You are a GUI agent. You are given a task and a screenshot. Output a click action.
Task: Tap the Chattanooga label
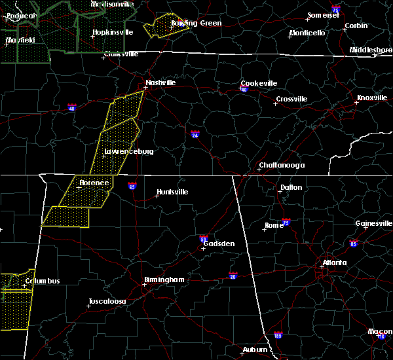point(282,165)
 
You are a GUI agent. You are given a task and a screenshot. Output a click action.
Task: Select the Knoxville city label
point(371,98)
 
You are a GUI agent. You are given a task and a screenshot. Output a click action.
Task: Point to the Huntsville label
point(172,192)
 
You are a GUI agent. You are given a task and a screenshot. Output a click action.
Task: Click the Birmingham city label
point(164,279)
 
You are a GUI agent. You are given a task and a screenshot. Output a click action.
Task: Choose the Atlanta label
point(333,263)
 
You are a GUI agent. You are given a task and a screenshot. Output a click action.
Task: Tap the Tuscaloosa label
point(107,302)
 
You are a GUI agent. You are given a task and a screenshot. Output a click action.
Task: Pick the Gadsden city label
point(219,243)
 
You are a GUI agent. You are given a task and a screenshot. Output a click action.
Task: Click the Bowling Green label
point(196,23)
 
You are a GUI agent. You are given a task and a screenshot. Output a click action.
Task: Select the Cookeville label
point(259,83)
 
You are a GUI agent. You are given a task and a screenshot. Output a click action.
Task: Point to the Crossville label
point(291,99)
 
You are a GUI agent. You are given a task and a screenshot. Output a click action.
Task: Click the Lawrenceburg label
point(129,151)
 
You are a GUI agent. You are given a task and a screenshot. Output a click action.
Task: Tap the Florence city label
point(94,183)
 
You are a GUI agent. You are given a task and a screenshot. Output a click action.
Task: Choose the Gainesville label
point(374,223)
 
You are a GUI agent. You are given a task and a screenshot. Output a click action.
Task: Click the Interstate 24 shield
point(195,135)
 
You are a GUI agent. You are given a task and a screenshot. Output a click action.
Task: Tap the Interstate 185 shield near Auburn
point(277,334)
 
